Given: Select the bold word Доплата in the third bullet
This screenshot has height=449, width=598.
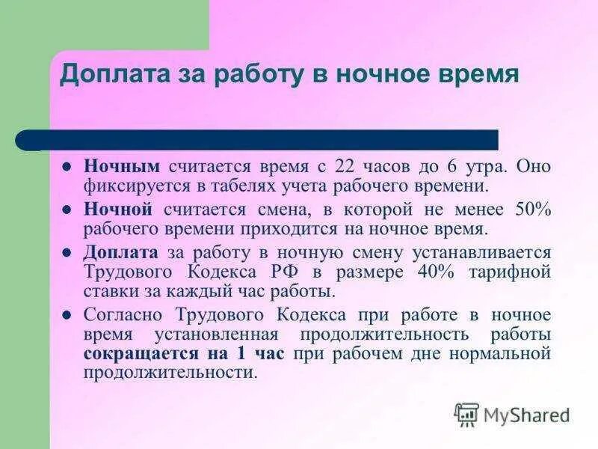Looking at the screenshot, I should point(120,252).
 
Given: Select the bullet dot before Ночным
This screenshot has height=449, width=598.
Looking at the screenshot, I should point(67,166).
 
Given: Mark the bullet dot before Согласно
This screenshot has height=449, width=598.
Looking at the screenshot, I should point(67,315).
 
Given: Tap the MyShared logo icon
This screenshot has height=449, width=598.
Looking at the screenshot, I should point(467,414).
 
